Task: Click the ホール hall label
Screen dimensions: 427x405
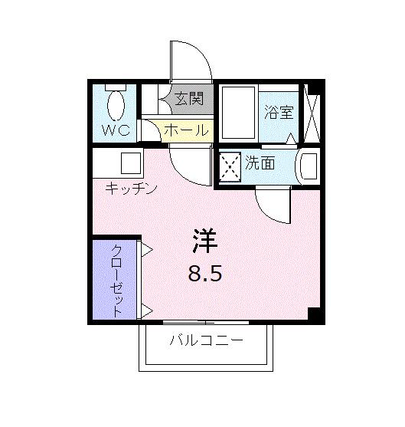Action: (186, 130)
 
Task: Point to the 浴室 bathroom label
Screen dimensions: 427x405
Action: (279, 112)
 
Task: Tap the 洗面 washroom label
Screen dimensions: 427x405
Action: (260, 162)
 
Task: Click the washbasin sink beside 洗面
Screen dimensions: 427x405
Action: (307, 166)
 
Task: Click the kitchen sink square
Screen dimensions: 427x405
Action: (131, 163)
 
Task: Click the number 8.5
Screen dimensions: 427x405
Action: (204, 273)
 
